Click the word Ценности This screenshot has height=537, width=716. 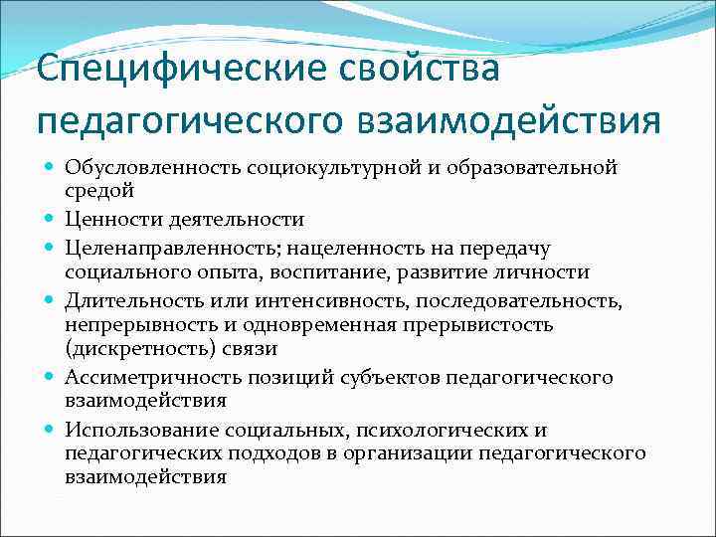coord(107,219)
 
